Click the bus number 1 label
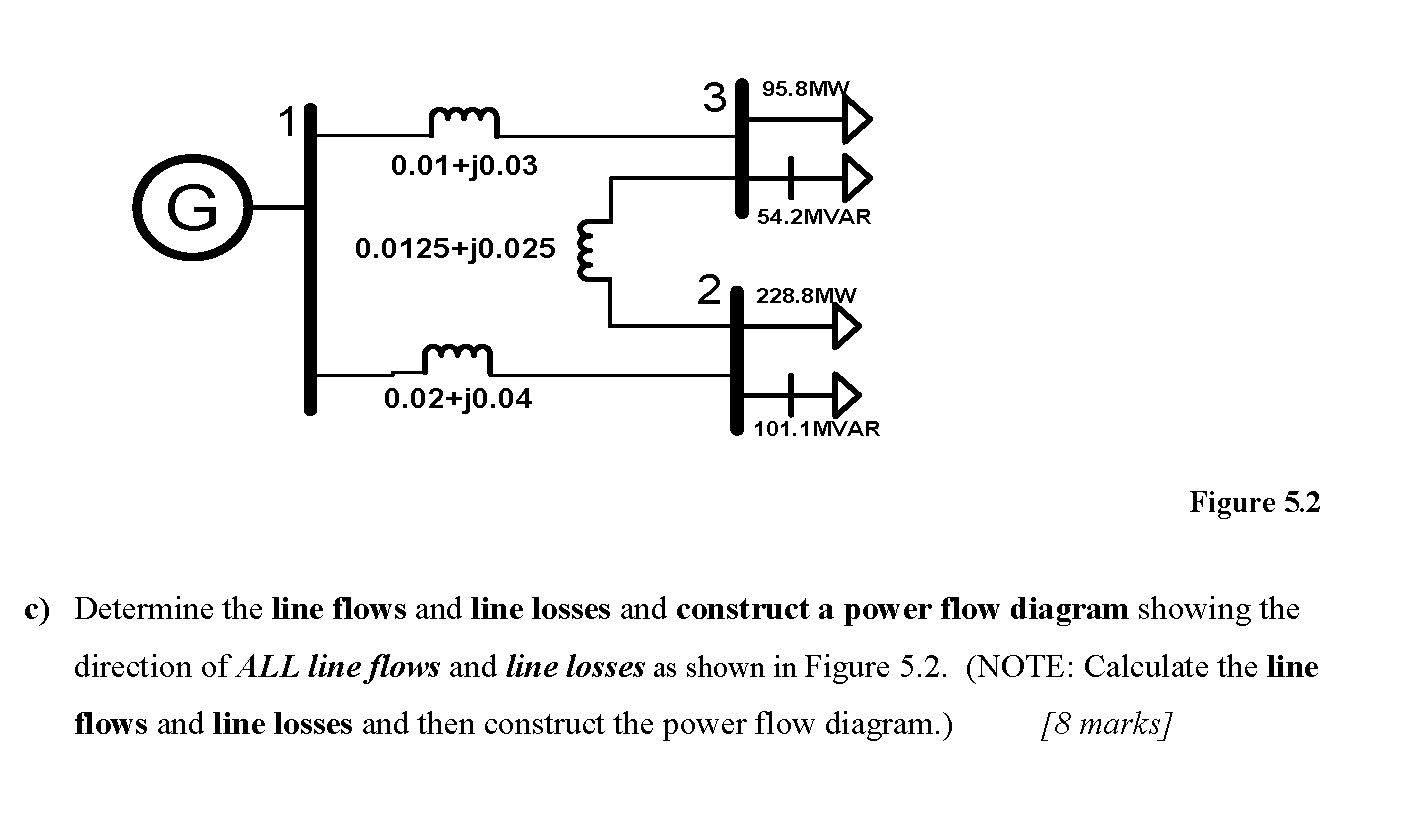(287, 123)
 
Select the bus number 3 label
(714, 98)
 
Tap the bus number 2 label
(708, 290)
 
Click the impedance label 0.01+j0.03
(464, 166)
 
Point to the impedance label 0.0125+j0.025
(455, 248)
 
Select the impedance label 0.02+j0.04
(458, 400)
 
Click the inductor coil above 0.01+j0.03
(464, 122)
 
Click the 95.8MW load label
(804, 88)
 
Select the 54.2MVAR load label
(813, 217)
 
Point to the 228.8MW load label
(806, 296)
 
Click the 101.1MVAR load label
(817, 429)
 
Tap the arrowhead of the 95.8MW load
(856, 121)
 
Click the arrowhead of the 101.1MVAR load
(846, 394)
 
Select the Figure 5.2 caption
(1254, 502)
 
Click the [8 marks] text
(1105, 723)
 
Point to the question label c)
(37, 609)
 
